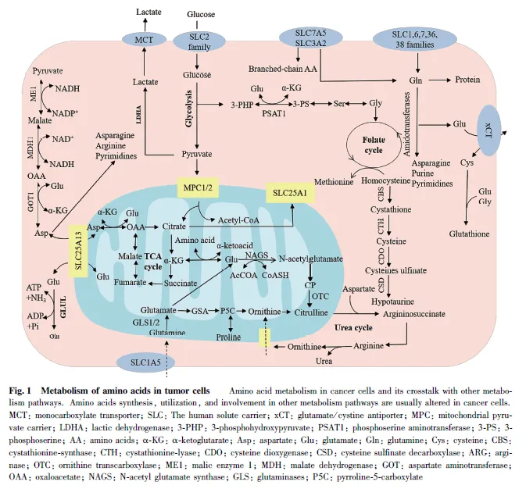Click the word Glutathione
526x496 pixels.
[471, 233]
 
